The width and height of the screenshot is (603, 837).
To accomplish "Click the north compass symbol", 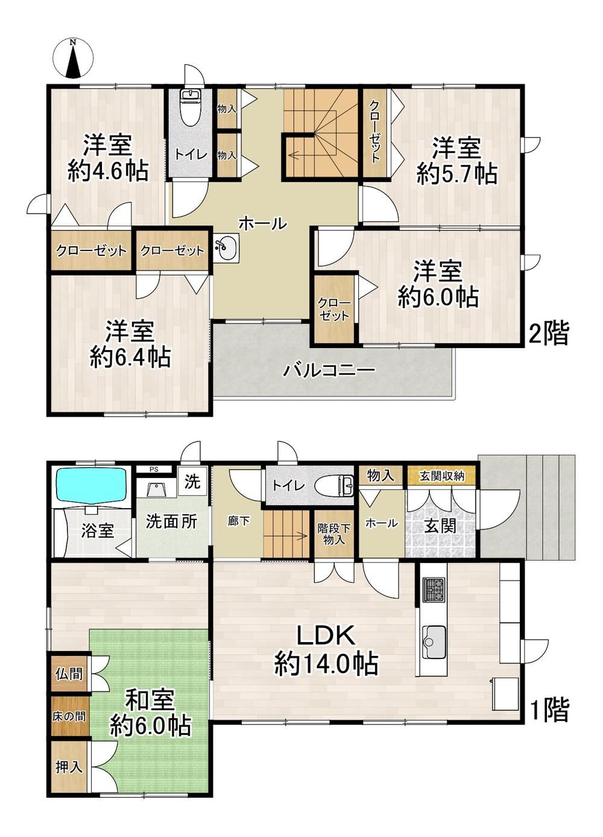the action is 73,59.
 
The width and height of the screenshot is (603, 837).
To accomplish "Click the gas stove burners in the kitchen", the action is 434,590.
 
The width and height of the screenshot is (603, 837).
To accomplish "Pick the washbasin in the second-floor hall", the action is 226,249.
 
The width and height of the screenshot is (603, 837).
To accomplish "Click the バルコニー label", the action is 329,371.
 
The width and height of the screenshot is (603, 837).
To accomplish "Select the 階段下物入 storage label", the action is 333,535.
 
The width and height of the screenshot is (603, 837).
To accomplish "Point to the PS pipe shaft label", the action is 154,470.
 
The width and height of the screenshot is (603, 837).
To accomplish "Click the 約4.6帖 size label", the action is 108,171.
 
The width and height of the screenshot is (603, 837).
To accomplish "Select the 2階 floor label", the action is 549,334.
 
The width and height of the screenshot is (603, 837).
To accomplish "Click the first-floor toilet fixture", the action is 334,486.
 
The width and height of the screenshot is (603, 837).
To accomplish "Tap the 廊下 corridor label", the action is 238,521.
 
